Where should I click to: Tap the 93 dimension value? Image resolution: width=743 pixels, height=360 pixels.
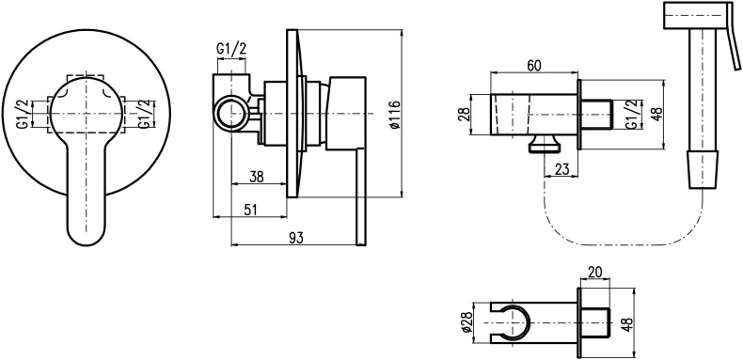296,238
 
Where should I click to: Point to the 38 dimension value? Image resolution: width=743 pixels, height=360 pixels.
257,177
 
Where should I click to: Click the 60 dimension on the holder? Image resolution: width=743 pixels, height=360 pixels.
534,66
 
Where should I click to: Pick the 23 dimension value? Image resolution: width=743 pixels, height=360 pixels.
561,169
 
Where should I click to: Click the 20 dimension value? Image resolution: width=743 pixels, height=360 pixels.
594,272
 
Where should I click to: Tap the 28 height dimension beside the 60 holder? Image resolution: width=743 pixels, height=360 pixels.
464,115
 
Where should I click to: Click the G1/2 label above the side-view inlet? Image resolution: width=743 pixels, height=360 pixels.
231,48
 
